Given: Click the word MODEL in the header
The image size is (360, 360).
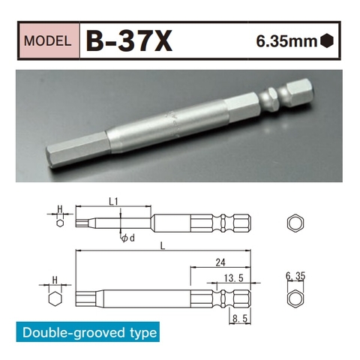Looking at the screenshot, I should click(x=49, y=41).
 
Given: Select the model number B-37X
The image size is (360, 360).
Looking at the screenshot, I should click(x=128, y=41).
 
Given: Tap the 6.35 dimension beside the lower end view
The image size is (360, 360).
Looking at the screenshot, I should click(x=296, y=277).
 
